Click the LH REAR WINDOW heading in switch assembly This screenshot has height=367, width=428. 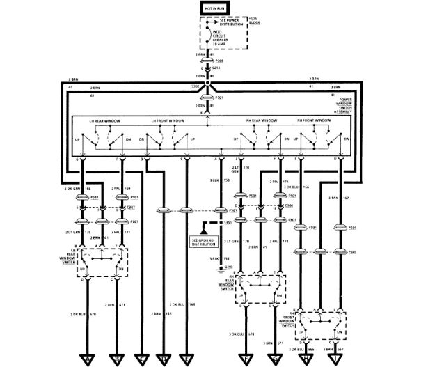[x=105, y=121]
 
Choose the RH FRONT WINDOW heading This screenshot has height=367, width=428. [x=315, y=121]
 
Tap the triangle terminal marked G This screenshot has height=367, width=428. [x=280, y=359]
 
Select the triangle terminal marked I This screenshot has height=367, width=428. [x=338, y=359]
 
